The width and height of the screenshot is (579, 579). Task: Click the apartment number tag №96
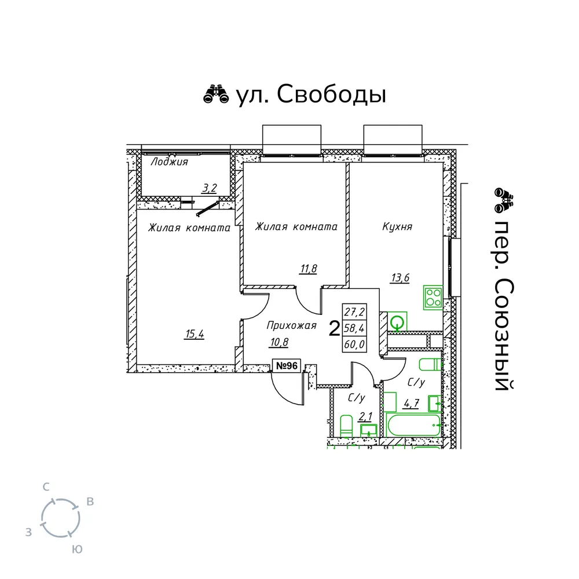[x=287, y=365]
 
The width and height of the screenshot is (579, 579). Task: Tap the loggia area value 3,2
[x=210, y=188]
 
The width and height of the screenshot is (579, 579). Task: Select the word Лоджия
[x=169, y=162]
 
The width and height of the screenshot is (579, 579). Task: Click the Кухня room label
[x=397, y=226]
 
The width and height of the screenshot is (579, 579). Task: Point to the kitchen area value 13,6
[x=400, y=277]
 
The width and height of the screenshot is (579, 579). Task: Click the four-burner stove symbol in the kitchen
[x=433, y=298]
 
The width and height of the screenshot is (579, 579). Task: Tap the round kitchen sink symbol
[x=397, y=321]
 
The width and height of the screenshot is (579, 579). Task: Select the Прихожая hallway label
[x=291, y=325]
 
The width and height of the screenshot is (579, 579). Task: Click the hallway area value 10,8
[x=279, y=342]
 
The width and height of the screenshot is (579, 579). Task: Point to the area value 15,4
[x=195, y=335]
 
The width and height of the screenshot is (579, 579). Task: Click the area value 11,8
[x=309, y=269]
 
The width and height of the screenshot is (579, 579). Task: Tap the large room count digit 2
[x=334, y=329]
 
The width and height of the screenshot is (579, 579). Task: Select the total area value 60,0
[x=354, y=345]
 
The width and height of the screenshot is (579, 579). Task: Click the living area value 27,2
[x=354, y=312]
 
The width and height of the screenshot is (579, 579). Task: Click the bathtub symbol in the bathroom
[x=413, y=425]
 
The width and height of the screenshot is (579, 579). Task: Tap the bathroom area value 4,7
[x=411, y=402]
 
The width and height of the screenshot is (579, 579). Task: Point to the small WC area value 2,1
[x=365, y=417]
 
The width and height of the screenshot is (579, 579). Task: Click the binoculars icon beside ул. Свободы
[x=216, y=94]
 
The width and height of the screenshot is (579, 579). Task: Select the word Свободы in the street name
[x=332, y=94]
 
